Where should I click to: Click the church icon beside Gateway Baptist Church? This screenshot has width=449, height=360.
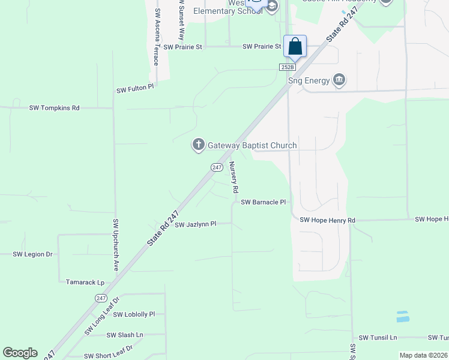pos(199,145)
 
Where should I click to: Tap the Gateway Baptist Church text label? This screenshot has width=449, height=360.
pos(252,145)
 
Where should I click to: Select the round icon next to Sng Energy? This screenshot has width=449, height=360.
pos(340,80)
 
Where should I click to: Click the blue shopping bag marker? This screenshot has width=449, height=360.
pos(295,46)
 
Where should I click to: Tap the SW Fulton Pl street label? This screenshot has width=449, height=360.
pos(135,89)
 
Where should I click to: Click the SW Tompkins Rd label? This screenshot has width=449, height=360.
pos(54,108)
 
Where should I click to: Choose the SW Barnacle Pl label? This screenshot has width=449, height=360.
pos(263,202)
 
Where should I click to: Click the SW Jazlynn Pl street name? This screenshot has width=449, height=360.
pos(195,224)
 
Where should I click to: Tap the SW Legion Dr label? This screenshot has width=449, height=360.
pos(33,254)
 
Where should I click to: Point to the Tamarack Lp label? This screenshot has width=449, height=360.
pos(85,282)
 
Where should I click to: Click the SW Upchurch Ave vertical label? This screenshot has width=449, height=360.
pos(116,244)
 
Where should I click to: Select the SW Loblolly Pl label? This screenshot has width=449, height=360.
pos(134,314)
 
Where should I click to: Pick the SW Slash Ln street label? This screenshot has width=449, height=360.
pos(125,335)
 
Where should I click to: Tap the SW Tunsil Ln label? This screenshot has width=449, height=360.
pos(378,338)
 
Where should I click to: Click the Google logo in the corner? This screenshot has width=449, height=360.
pos(20,353)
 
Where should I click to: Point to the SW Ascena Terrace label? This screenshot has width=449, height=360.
pos(157,37)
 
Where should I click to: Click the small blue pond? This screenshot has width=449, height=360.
pos(402,316)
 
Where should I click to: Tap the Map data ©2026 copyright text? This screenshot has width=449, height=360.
pos(423,355)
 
